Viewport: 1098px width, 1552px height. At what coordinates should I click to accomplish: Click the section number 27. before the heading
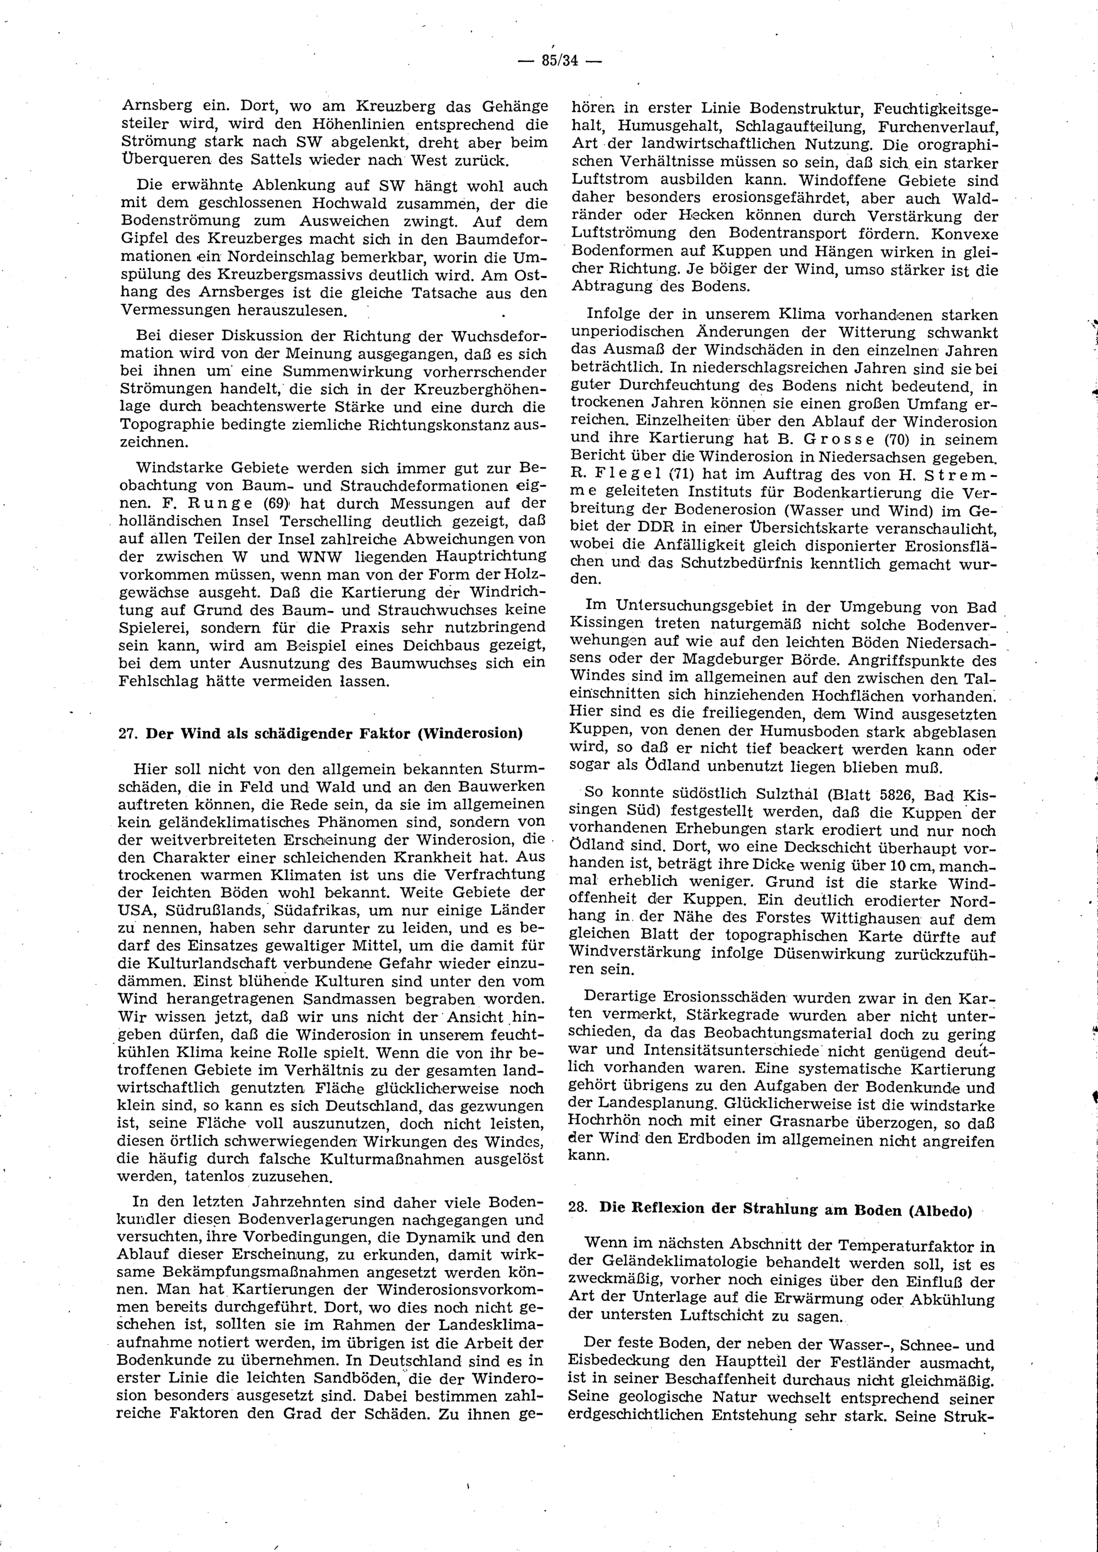tap(128, 734)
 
